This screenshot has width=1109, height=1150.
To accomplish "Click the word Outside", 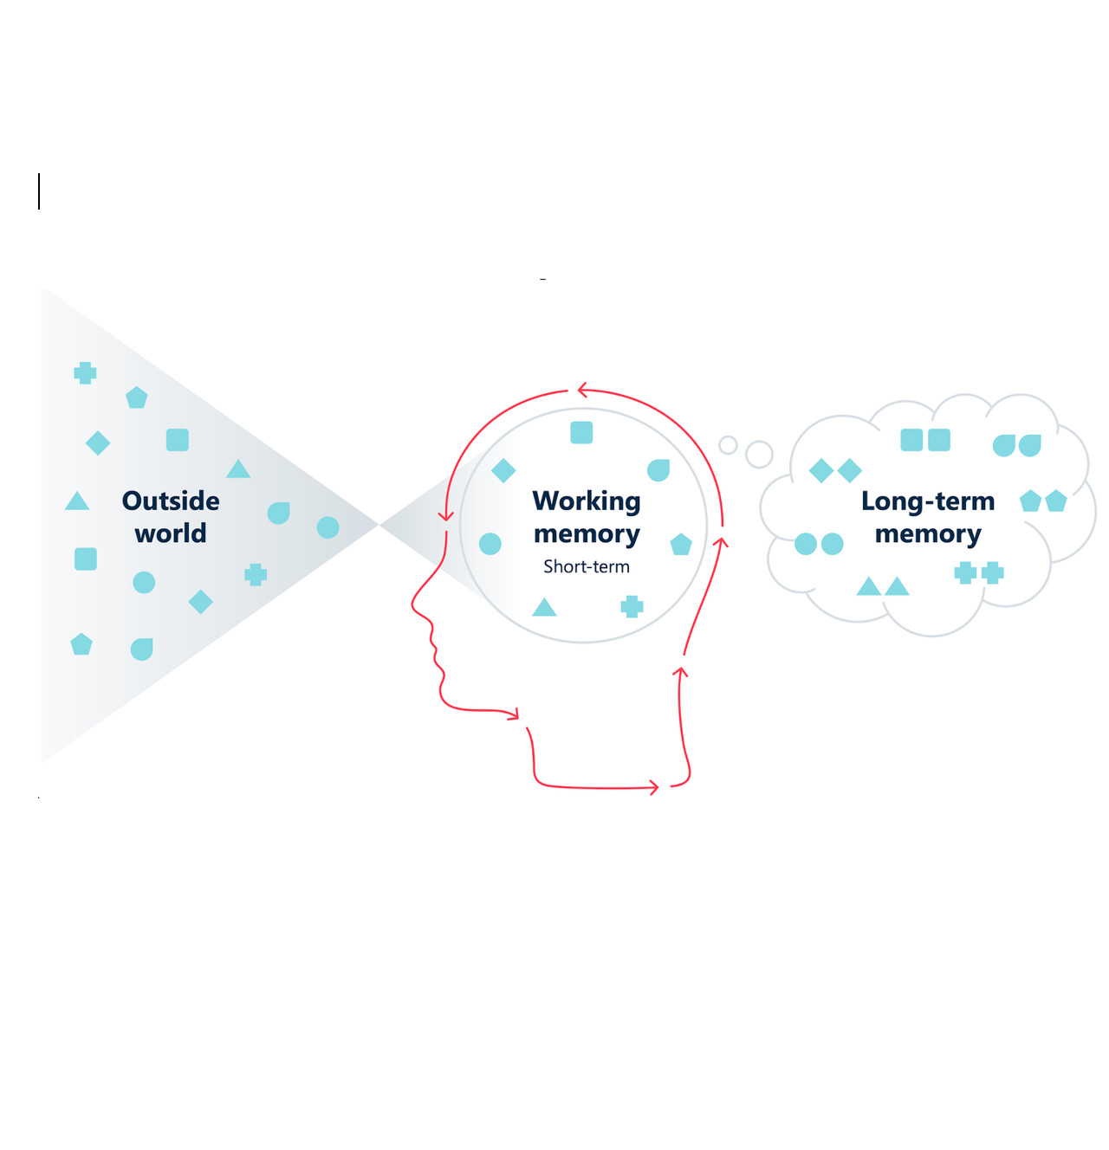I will tap(171, 501).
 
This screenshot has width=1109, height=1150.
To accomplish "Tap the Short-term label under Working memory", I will tap(587, 566).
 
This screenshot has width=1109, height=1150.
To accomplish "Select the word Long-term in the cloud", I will tap(927, 501).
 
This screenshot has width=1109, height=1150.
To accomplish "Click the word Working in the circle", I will tap(587, 501).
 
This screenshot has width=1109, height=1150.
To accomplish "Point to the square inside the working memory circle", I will tap(581, 432).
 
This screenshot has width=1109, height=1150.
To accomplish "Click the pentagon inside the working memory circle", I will tap(681, 545).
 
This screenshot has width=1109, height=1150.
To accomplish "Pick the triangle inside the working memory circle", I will tap(544, 607).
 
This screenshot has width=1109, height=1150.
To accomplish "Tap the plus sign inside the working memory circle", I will tap(632, 606).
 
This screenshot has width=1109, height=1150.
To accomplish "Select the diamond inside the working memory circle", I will tap(503, 470).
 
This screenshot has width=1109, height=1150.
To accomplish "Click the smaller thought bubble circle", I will tap(728, 445).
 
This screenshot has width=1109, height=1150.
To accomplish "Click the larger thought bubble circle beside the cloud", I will tap(759, 454).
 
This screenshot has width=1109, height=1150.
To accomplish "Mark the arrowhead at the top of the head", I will tap(582, 391).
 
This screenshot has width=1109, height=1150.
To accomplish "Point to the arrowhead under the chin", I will tap(514, 714).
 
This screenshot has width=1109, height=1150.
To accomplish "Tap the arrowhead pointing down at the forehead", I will tap(446, 516).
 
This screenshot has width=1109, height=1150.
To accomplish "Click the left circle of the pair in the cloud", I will tap(806, 544).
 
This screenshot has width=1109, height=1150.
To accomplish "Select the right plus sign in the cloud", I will tap(993, 572).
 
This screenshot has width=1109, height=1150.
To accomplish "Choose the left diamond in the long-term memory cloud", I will tap(820, 471).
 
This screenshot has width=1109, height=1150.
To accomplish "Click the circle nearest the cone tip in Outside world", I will tap(328, 527).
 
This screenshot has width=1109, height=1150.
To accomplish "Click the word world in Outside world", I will tap(171, 533).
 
